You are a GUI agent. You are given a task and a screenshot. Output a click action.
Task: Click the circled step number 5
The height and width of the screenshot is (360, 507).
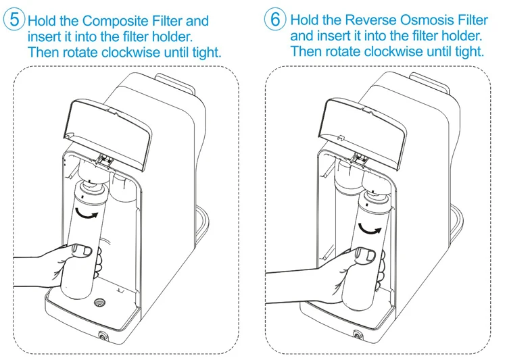(14, 20)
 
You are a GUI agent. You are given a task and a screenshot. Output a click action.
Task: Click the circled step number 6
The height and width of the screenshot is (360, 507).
(275, 19)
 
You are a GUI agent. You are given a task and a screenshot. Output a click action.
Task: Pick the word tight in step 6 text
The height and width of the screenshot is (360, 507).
(470, 51)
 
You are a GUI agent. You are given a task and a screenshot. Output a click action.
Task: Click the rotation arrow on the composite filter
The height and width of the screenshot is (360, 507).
(86, 213)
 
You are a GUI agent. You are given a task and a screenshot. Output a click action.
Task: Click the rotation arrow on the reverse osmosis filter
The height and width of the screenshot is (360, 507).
(370, 229)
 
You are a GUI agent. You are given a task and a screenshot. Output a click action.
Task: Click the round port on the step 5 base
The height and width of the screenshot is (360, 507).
(99, 302)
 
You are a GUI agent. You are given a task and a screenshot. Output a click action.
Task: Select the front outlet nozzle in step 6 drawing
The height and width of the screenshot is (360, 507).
(358, 335)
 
